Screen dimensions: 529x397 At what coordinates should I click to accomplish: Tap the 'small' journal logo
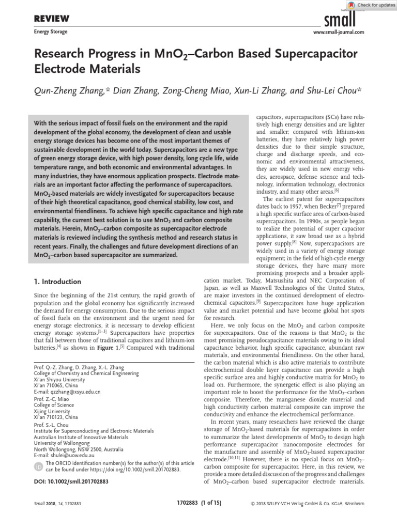pyautogui.click(x=339, y=19)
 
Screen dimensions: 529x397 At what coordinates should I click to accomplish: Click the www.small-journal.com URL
pyautogui.click(x=339, y=32)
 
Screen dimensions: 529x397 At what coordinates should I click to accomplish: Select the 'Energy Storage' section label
pyautogui.click(x=50, y=32)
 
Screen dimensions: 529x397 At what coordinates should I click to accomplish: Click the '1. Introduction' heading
pyautogui.click(x=57, y=282)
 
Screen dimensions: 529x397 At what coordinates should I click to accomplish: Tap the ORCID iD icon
pyautogui.click(x=38, y=466)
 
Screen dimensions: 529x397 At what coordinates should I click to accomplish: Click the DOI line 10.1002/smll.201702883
pyautogui.click(x=70, y=481)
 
